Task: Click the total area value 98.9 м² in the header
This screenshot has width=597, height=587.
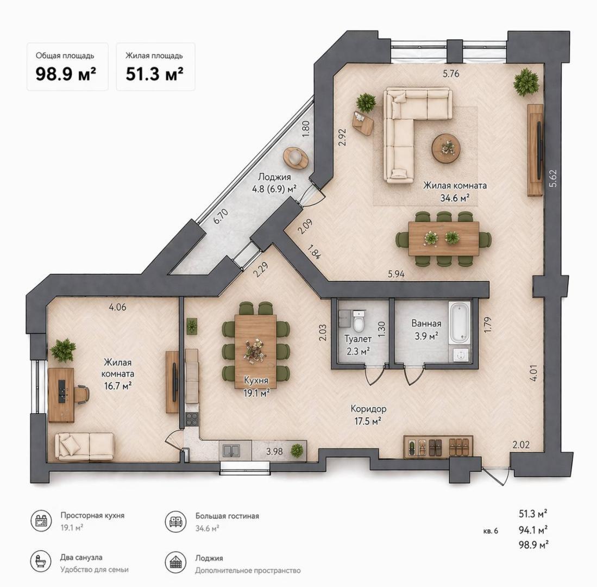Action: point(66,74)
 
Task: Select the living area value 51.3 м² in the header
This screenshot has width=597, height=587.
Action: point(154,74)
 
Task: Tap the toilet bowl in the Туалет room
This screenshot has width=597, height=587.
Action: point(358,322)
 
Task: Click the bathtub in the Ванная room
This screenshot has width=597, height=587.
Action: point(459,322)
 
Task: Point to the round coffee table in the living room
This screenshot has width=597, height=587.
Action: point(446,148)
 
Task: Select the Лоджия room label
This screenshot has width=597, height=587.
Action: point(274,177)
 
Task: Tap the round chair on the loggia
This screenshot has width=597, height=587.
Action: point(296,158)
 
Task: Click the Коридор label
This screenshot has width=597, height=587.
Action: point(368,408)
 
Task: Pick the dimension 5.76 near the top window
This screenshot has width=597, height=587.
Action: point(451,74)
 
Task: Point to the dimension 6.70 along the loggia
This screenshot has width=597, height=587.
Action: point(218,217)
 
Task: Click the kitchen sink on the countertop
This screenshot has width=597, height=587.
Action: point(230,451)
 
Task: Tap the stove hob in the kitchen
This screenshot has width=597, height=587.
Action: point(192,419)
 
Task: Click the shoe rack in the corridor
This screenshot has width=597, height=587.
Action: point(438,447)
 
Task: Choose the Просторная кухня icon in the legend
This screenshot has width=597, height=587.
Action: point(41,521)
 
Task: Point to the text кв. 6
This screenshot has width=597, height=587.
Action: point(490,531)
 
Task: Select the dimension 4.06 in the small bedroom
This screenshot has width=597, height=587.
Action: point(117,307)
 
